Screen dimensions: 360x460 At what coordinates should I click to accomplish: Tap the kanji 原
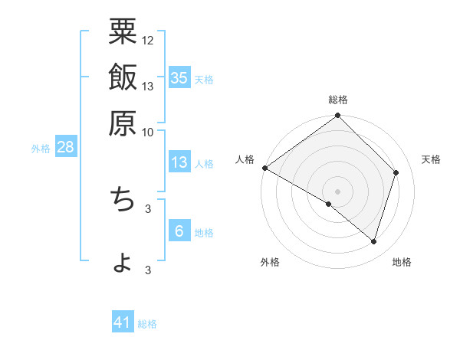(123, 122)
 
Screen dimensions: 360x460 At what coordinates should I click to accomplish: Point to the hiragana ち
(123, 198)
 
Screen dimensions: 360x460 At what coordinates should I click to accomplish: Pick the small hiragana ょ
(123, 263)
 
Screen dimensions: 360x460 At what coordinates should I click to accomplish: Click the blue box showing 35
(179, 77)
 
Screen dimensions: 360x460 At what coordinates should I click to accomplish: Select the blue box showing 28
(65, 148)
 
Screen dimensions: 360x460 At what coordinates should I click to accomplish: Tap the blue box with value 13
(179, 162)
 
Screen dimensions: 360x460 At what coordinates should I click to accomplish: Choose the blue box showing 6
(179, 231)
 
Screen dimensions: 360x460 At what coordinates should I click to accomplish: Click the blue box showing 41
(123, 322)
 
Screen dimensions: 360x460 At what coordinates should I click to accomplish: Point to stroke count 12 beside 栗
(148, 40)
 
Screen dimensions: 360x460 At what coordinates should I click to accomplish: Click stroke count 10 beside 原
(148, 132)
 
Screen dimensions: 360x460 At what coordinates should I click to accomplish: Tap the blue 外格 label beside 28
(41, 149)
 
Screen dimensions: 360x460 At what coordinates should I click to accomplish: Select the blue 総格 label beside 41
(147, 324)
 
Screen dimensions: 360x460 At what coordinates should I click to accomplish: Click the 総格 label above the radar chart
(338, 100)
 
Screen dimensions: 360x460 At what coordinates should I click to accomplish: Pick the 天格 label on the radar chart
(431, 159)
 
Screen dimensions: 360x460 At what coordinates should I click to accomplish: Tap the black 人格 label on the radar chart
(245, 159)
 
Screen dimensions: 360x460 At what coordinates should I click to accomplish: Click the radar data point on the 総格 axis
(338, 116)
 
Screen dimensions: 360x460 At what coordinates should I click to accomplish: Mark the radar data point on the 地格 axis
(374, 242)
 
